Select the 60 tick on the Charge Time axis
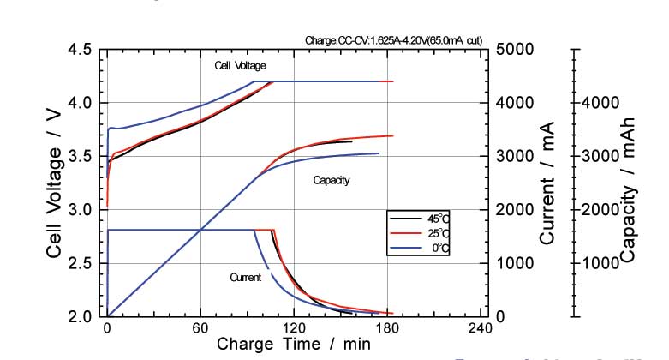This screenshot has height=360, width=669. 200,328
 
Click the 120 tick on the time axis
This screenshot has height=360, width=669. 294,328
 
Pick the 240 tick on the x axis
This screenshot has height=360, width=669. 480,328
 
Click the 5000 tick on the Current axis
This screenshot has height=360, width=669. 515,50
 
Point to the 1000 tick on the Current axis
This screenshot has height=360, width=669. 515,263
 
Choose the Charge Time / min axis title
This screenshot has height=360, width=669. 294,345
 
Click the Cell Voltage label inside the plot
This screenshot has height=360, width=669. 240,66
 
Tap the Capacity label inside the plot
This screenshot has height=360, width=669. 332,181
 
